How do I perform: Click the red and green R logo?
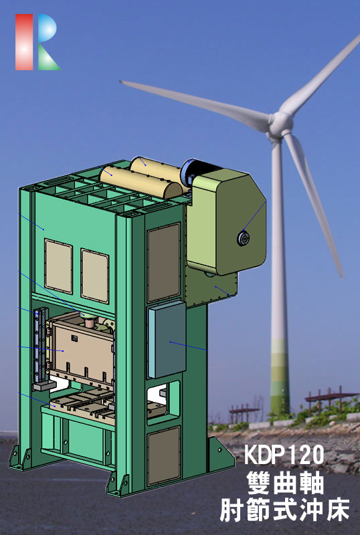click(37, 42)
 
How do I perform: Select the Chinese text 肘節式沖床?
click(284, 512)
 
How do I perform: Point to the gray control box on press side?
click(166, 340)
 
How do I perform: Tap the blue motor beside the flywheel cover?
click(187, 175)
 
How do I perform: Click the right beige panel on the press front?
click(94, 274)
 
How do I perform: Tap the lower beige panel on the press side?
click(163, 455)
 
